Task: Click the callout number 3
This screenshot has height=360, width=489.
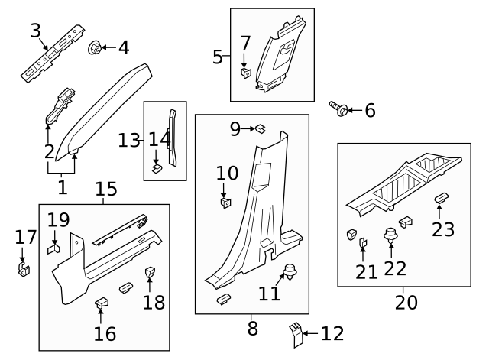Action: pos(35,31)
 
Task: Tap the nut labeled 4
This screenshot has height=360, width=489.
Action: pos(96,47)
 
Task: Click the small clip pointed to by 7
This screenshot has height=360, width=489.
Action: pos(246,73)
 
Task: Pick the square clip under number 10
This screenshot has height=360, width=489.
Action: pos(225,203)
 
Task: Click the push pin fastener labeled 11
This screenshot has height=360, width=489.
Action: pos(290,270)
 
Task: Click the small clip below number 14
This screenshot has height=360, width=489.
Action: pos(157,168)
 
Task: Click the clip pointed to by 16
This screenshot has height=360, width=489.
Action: pos(101,304)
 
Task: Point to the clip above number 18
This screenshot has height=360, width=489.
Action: pos(150,271)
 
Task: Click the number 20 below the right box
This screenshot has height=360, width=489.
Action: pos(406,302)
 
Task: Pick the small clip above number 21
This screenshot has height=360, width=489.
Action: pos(363,244)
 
